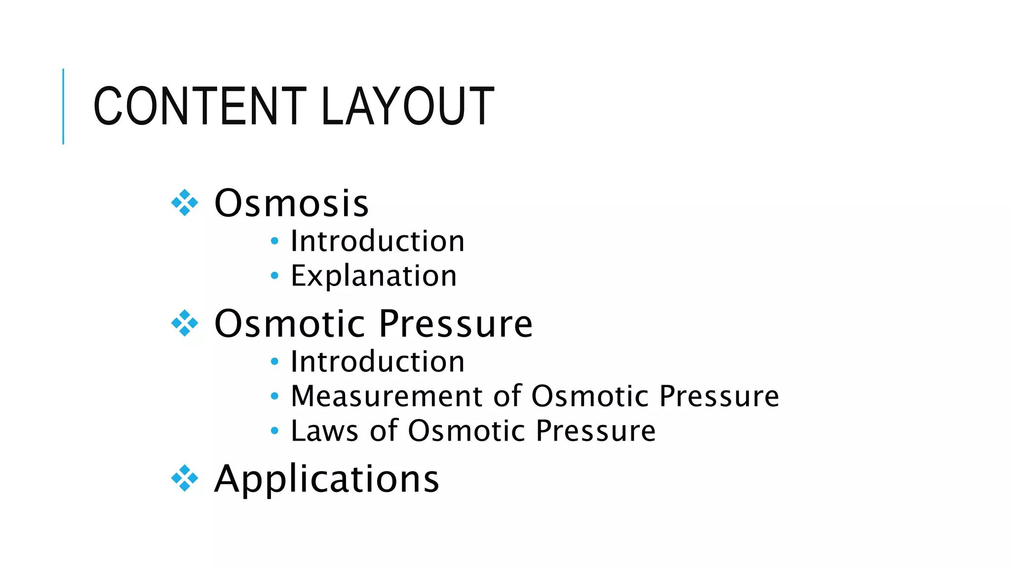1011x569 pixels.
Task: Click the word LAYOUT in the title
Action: pyautogui.click(x=407, y=106)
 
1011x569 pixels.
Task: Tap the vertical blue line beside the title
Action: pyautogui.click(x=63, y=106)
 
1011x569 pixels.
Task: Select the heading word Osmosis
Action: pyautogui.click(x=291, y=203)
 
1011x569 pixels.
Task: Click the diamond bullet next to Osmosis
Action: pyautogui.click(x=185, y=203)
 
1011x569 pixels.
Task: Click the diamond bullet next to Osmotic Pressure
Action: pyautogui.click(x=185, y=324)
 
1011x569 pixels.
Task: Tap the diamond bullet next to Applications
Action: pyautogui.click(x=185, y=478)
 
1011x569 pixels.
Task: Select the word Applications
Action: pyautogui.click(x=326, y=479)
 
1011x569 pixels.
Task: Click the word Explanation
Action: pyautogui.click(x=374, y=276)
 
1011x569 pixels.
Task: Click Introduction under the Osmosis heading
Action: pyautogui.click(x=377, y=241)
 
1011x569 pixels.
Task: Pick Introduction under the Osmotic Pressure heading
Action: pyautogui.click(x=377, y=362)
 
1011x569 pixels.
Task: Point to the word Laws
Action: pyautogui.click(x=324, y=431)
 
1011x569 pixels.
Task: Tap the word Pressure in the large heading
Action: pyautogui.click(x=456, y=324)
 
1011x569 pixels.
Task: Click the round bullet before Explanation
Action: pyautogui.click(x=275, y=276)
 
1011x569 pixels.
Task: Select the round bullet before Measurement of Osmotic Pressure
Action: pyautogui.click(x=275, y=396)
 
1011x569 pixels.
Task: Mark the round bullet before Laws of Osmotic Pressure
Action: pyautogui.click(x=275, y=431)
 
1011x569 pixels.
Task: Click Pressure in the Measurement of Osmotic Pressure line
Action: pyautogui.click(x=719, y=396)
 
